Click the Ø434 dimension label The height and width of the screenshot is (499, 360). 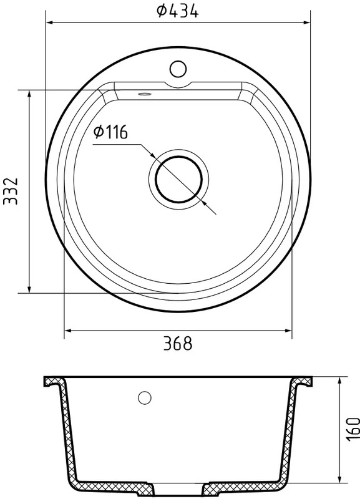[178, 11]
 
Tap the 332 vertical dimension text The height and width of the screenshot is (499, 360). [10, 191]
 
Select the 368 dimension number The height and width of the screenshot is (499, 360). [178, 344]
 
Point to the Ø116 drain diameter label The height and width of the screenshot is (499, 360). [111, 132]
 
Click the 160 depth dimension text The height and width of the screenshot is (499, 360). [353, 430]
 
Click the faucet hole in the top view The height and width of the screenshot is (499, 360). [178, 69]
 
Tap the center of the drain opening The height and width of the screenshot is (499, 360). [179, 180]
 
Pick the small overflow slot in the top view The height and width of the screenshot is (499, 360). [145, 94]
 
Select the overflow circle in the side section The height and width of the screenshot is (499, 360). [145, 397]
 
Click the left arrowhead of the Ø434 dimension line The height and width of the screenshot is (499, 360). [50, 22]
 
